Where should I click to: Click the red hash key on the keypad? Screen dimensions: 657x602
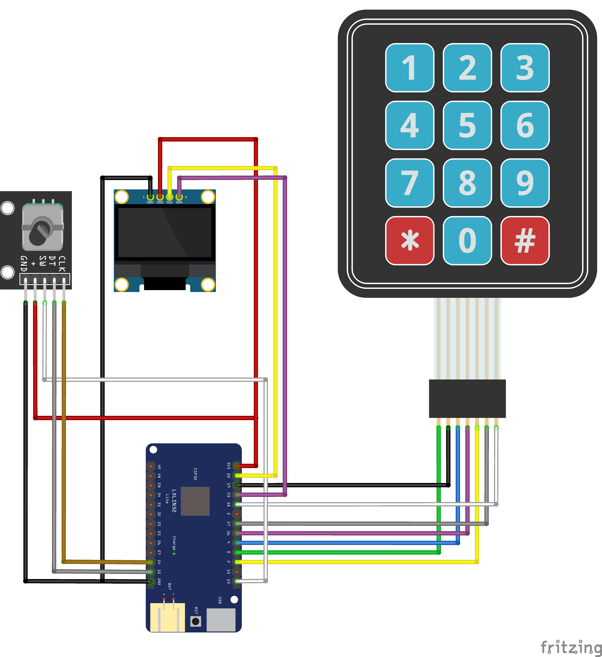click(525, 240)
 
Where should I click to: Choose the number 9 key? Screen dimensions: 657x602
click(525, 183)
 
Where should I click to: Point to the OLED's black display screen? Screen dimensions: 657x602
click(165, 232)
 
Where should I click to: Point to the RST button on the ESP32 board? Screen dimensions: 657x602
click(196, 621)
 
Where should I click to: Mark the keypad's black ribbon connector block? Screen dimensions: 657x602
click(467, 398)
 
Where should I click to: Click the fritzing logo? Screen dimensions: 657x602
click(570, 647)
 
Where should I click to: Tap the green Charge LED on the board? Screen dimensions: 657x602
click(174, 553)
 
